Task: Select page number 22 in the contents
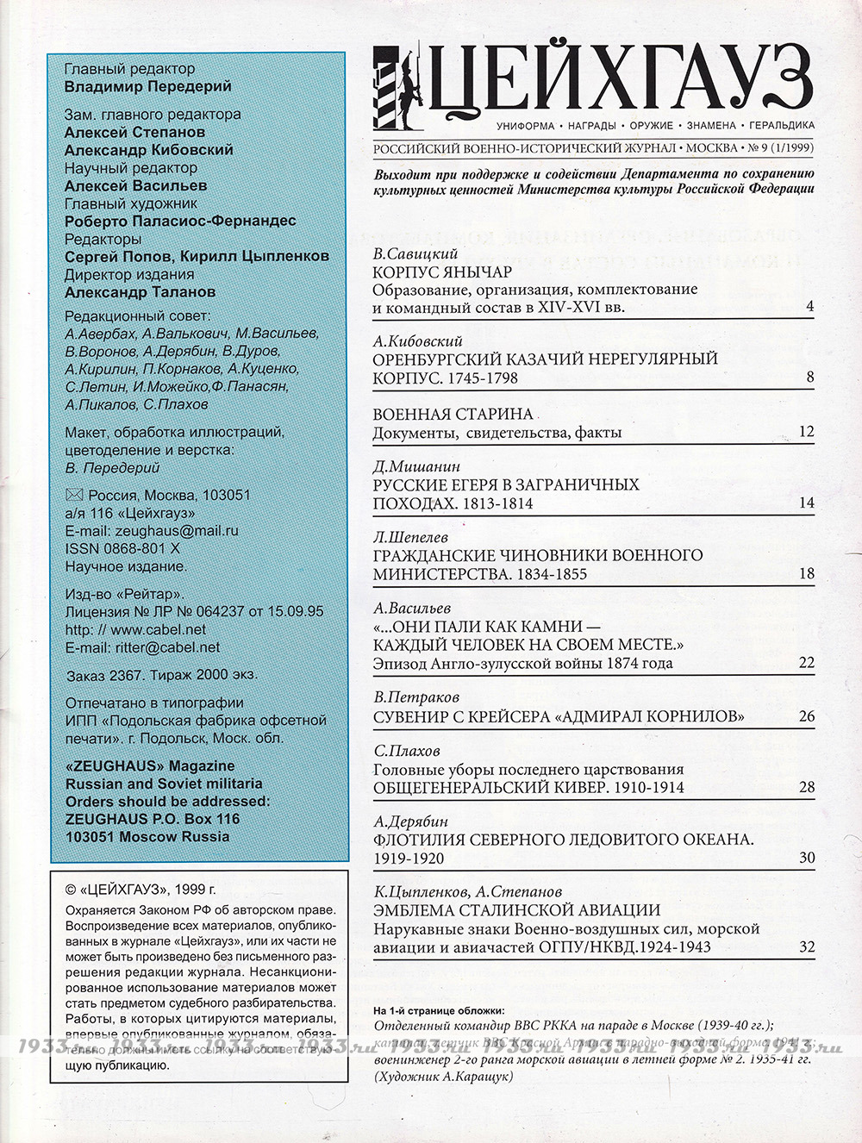pyautogui.click(x=806, y=663)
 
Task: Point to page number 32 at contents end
pyautogui.click(x=806, y=947)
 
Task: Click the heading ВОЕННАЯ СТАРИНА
pyautogui.click(x=453, y=414)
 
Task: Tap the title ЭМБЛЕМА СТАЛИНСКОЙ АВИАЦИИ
pyautogui.click(x=516, y=910)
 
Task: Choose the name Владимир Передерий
pyautogui.click(x=148, y=86)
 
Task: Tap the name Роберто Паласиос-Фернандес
pyautogui.click(x=180, y=221)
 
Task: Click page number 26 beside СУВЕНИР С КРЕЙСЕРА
pyautogui.click(x=806, y=716)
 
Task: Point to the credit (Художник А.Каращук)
pyautogui.click(x=443, y=1077)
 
